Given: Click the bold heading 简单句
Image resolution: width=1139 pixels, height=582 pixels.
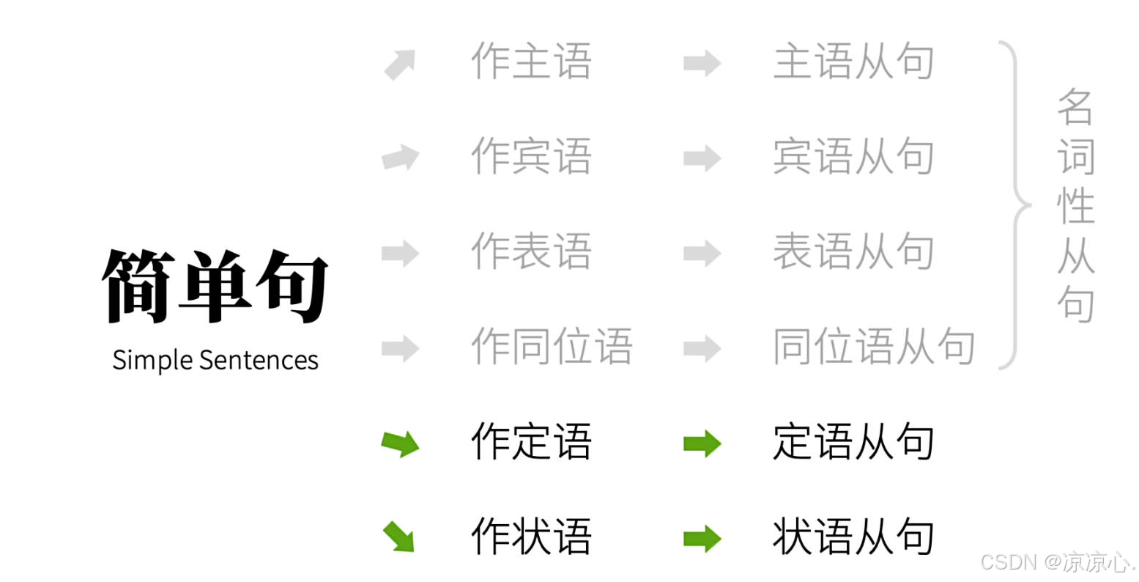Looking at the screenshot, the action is coord(215,286).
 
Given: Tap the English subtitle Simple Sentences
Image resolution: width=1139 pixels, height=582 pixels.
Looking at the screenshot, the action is coord(215,360).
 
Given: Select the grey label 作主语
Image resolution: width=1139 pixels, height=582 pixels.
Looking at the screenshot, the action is coord(531,61).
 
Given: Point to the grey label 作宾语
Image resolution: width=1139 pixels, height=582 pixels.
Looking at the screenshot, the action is coord(531,156).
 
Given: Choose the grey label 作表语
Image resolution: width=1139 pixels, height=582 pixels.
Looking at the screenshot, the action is coord(531,251).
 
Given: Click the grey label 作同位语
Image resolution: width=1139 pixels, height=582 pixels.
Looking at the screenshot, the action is coord(552,347).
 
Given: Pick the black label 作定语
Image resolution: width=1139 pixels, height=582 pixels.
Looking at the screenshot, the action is coord(531,442).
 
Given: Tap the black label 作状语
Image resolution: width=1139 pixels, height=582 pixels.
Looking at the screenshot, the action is coord(531,537).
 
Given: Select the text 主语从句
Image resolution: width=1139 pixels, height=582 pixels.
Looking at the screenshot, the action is coord(853,61).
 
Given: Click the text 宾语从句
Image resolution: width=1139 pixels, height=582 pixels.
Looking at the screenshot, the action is coord(853,156).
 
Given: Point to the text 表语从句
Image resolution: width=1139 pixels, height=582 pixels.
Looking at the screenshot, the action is coord(853,251).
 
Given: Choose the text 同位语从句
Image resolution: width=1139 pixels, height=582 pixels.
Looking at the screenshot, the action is coord(874,347).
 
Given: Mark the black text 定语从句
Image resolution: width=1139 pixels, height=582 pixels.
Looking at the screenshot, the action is coord(853,442).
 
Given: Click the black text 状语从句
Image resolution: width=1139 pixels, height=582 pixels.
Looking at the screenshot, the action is coord(853,537).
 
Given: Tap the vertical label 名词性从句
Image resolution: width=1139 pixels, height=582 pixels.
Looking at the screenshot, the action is coord(1075,205).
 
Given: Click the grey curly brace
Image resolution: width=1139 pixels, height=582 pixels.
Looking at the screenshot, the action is coord(1015,205).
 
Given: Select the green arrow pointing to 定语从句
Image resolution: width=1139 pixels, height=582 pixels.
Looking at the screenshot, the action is coord(702,443).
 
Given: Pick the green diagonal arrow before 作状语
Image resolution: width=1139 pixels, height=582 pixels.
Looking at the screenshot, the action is coord(399,536).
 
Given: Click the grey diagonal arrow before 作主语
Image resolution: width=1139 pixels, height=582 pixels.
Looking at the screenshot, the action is coord(400,65).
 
